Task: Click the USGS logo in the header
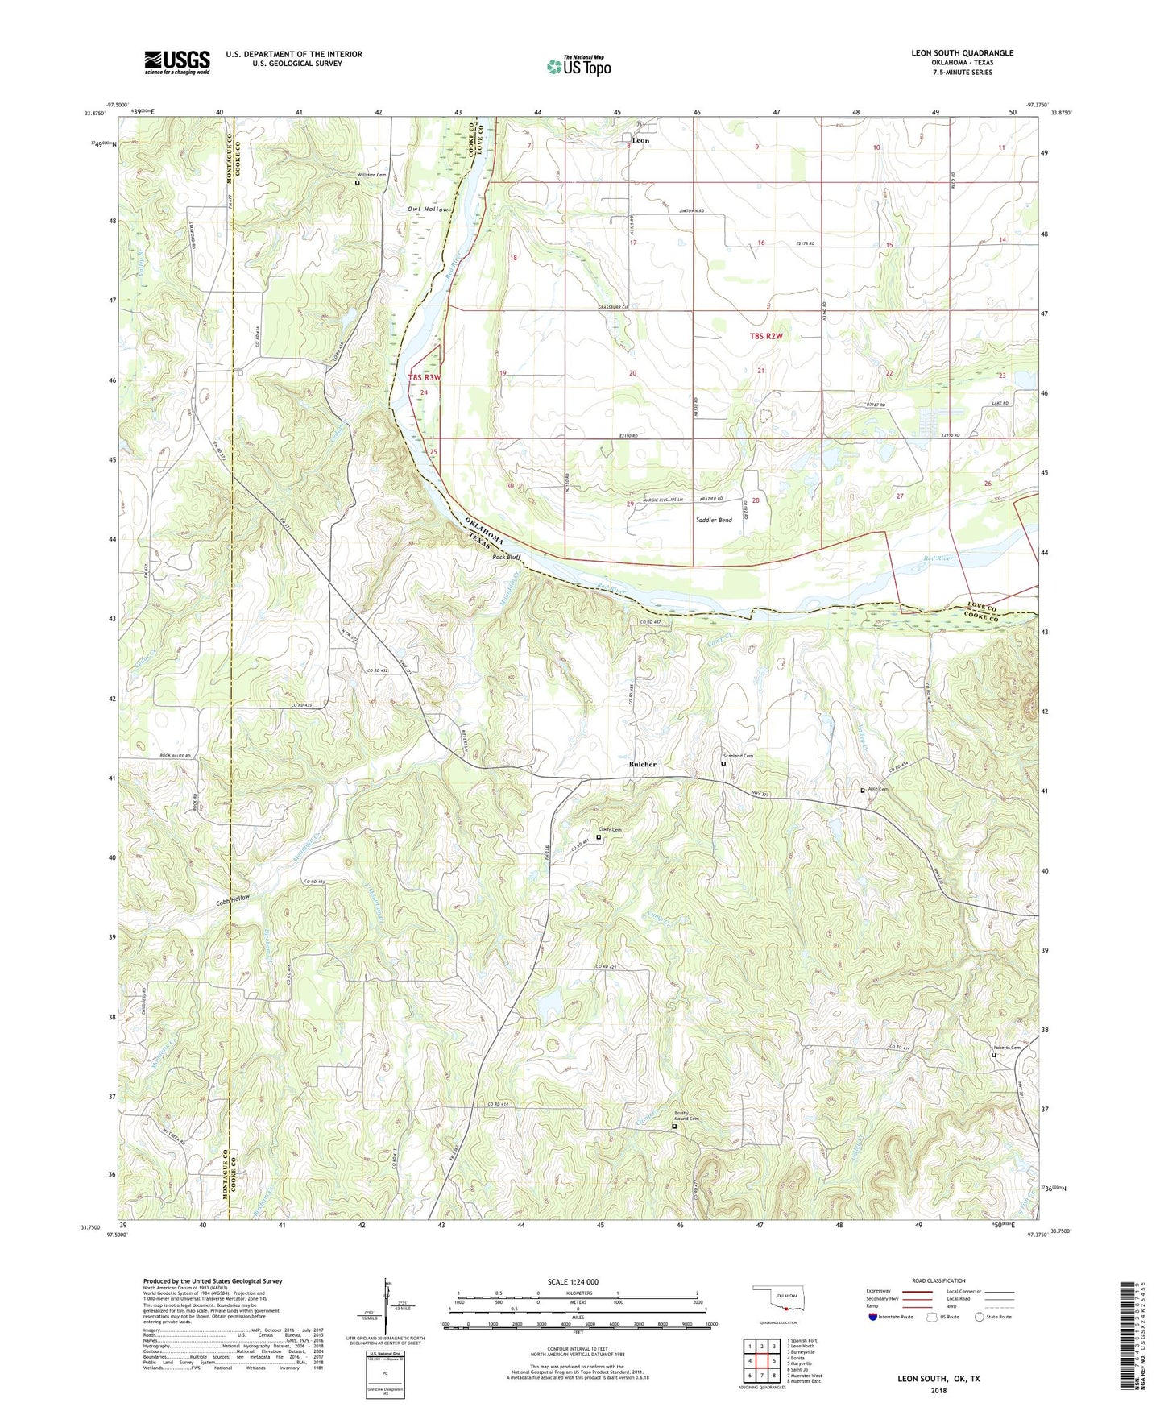pos(177,62)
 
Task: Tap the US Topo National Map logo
pos(578,65)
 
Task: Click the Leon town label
pos(640,140)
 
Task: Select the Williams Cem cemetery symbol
pos(358,183)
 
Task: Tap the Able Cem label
pos(878,789)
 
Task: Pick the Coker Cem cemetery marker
pos(599,837)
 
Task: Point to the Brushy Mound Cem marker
pos(674,1127)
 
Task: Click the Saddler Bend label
pos(714,521)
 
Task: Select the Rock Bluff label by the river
pos(507,557)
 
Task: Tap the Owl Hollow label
pos(427,210)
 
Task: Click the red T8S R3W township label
pos(425,377)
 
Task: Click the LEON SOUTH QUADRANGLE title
pos(962,53)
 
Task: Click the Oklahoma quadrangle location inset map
pos(779,1299)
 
